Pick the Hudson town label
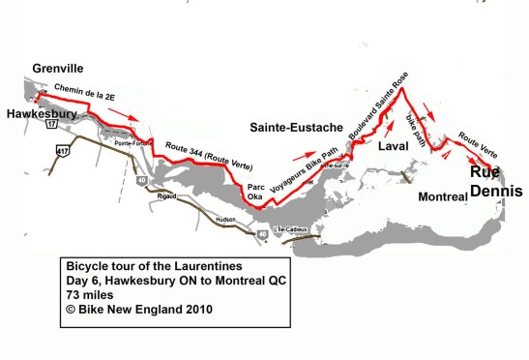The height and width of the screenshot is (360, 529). [224, 221]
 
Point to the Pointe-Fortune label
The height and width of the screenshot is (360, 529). [132, 144]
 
